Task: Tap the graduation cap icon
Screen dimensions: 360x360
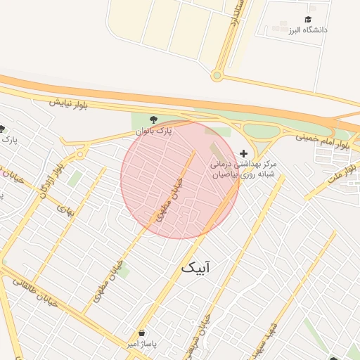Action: [x=308, y=19]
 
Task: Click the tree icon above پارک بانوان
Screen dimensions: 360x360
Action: [x=154, y=119]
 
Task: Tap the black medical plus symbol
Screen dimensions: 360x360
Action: [x=244, y=153]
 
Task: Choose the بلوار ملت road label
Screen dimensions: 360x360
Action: [x=344, y=172]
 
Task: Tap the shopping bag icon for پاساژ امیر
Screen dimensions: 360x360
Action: [x=142, y=333]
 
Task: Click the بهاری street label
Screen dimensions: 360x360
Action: [x=65, y=209]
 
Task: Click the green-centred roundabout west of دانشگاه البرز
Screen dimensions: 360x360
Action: [x=217, y=75]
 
